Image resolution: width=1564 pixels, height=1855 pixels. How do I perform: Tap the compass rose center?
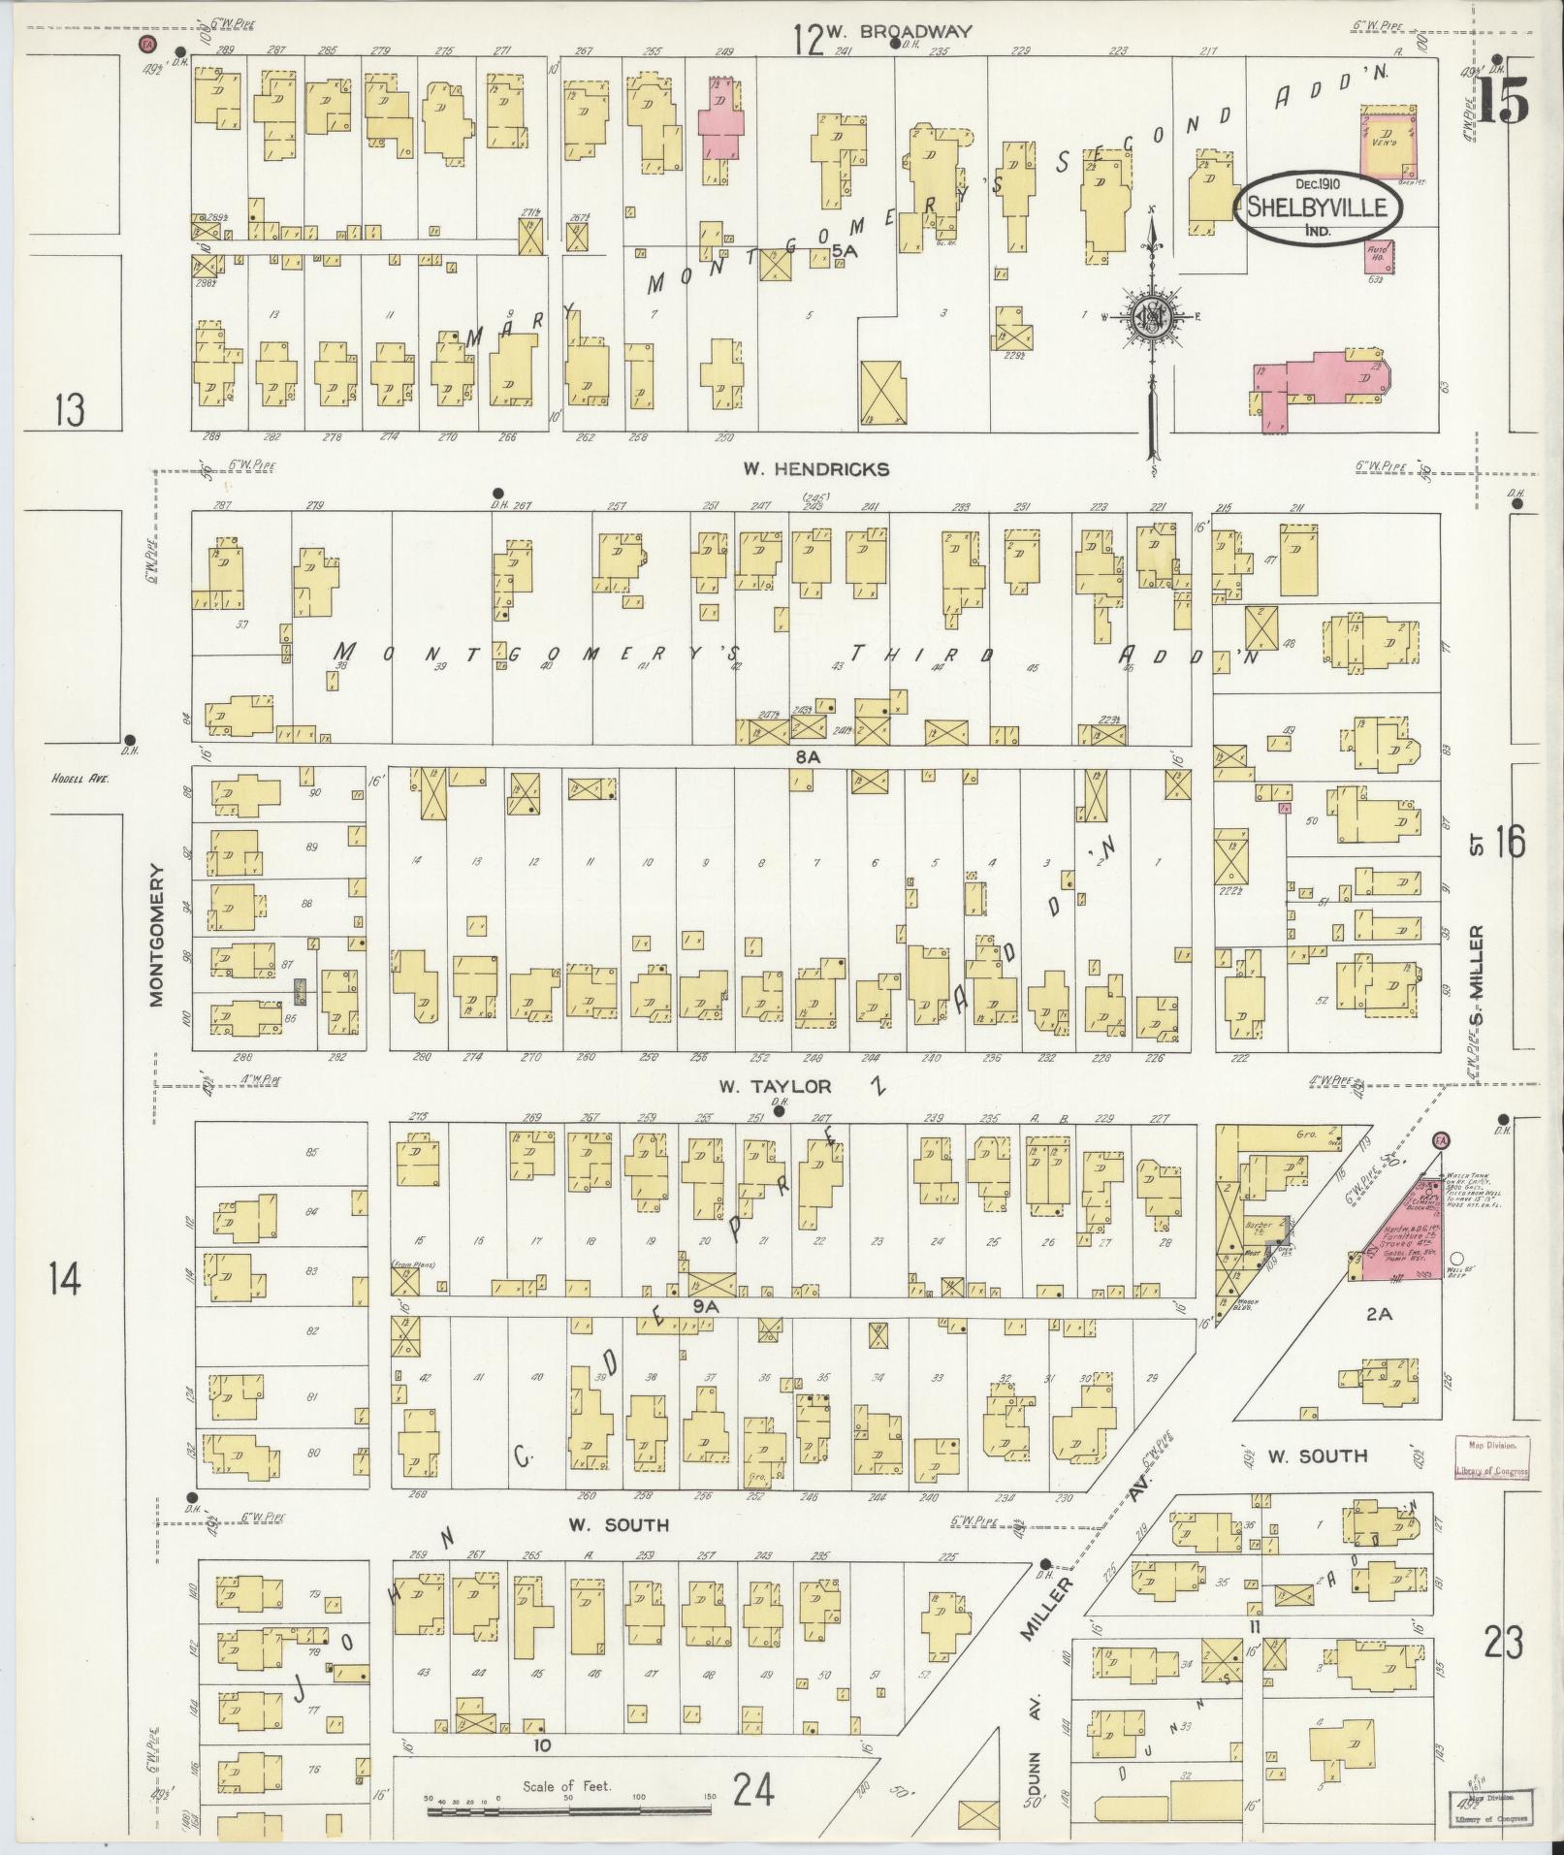[x=1152, y=319]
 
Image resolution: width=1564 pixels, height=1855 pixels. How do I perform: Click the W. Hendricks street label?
[x=815, y=469]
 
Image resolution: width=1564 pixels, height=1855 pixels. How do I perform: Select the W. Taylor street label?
[x=776, y=1086]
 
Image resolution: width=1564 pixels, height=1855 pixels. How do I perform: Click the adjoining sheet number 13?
[x=69, y=411]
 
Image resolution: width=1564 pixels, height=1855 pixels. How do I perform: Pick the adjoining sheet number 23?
[x=1502, y=1644]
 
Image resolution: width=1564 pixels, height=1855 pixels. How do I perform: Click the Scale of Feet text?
[x=566, y=1785]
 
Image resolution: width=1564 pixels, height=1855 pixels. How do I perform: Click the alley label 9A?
[x=704, y=1307]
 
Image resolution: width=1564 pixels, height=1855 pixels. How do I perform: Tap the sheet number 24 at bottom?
[x=753, y=1789]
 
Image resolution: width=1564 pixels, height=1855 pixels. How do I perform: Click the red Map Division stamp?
[x=1490, y=1486]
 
